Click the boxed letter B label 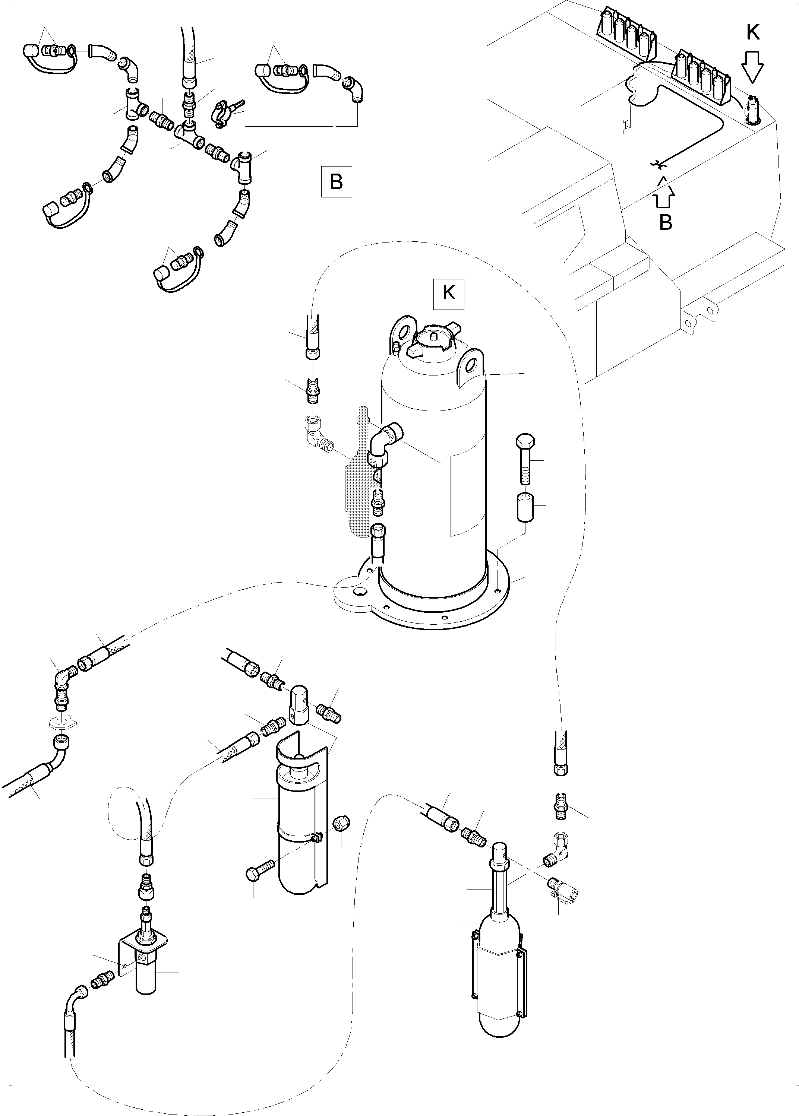point(337,182)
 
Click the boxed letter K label point(448,294)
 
